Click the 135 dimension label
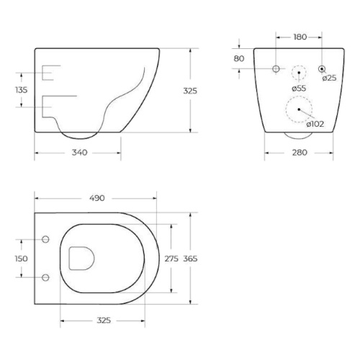22,90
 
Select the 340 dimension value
79,153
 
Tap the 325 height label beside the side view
190,91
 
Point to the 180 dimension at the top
300,37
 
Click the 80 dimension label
239,58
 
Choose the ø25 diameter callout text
329,78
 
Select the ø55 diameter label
299,89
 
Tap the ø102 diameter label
315,124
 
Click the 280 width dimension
300,153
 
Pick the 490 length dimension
97,198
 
